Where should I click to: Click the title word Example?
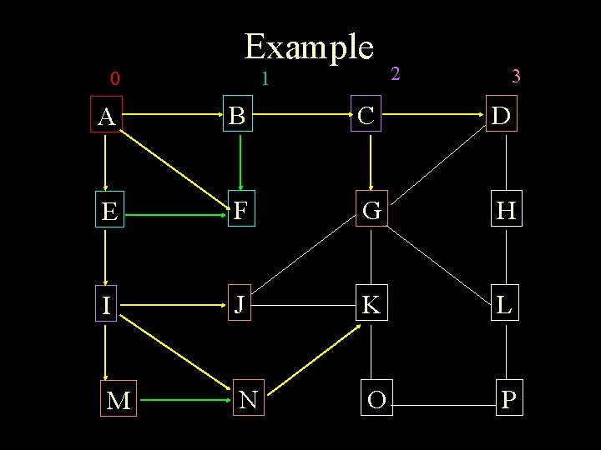308,47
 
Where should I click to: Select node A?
106,117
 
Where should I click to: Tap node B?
238,117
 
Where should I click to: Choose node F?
240,212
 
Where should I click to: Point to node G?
372,212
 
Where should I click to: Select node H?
506,212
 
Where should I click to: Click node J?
239,305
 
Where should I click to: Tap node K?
371,306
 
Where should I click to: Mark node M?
119,401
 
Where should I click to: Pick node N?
247,400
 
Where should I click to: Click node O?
376,400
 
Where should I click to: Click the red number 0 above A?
115,80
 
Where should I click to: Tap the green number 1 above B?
264,80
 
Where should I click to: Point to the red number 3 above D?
516,77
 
